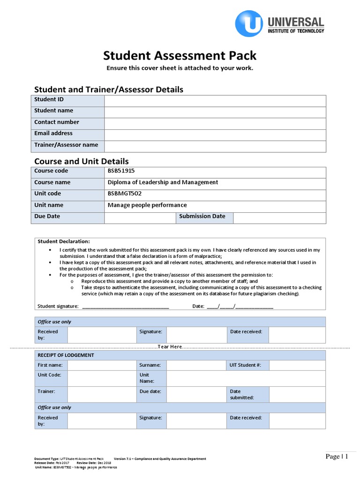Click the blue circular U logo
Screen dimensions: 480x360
click(x=249, y=23)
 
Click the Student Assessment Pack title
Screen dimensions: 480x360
click(x=180, y=56)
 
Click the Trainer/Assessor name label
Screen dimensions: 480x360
click(x=66, y=145)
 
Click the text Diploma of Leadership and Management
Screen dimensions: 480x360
click(x=163, y=182)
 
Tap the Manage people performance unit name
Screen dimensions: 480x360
click(x=147, y=205)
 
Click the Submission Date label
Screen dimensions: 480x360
click(x=202, y=217)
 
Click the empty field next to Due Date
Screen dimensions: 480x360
click(x=139, y=217)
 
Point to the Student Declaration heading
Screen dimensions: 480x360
click(x=60, y=241)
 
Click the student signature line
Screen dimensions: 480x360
click(x=125, y=307)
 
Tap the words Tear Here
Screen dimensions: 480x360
click(x=170, y=346)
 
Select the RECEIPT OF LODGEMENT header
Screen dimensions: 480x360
click(x=66, y=355)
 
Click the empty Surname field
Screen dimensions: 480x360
click(x=196, y=365)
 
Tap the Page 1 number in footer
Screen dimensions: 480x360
click(x=337, y=457)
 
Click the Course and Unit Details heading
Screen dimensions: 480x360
click(x=82, y=161)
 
